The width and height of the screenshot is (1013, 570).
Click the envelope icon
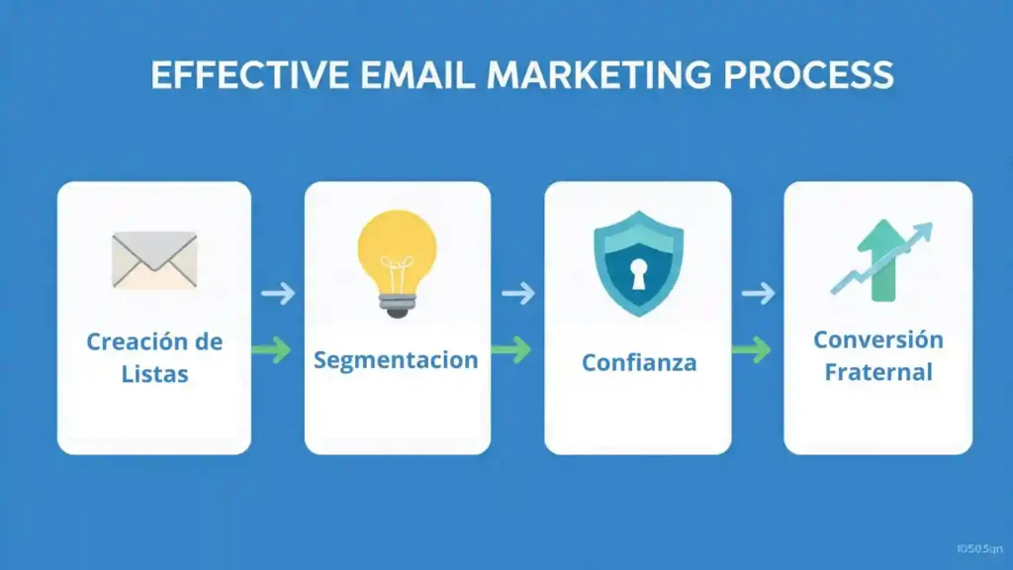pos(154,259)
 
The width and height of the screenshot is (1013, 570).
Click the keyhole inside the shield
pos(638,276)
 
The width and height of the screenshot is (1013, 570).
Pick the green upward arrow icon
pos(877,262)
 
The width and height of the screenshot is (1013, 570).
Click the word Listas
pos(154,375)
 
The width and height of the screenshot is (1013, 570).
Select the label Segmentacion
pos(396,359)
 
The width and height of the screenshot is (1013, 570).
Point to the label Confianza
pos(638,363)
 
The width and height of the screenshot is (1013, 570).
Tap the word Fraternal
pos(878,372)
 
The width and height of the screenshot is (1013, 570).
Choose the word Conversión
pos(878,339)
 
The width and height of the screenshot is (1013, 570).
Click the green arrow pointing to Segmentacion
pos(272,349)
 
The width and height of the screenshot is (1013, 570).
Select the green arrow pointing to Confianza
pos(511,349)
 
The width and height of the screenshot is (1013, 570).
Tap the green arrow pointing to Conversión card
pos(752,348)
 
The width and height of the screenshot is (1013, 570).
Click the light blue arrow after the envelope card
pos(278,293)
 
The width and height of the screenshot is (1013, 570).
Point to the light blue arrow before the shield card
pos(518,293)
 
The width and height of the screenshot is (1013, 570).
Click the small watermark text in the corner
pos(979,547)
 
